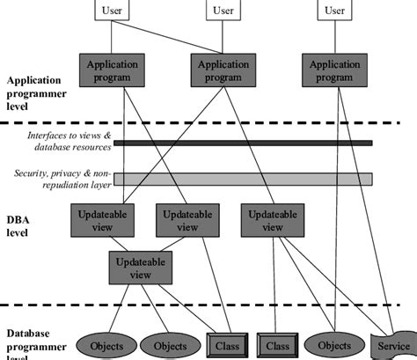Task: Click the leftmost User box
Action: click(x=112, y=11)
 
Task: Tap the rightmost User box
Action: click(x=334, y=11)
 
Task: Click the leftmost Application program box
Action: click(x=113, y=70)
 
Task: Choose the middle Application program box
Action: click(x=223, y=70)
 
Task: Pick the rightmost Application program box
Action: click(x=334, y=70)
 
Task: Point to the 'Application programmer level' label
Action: click(x=40, y=92)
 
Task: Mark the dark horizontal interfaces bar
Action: click(x=243, y=142)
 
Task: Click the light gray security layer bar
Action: click(x=243, y=179)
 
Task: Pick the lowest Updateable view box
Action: click(x=141, y=266)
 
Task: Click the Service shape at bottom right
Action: click(x=393, y=345)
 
